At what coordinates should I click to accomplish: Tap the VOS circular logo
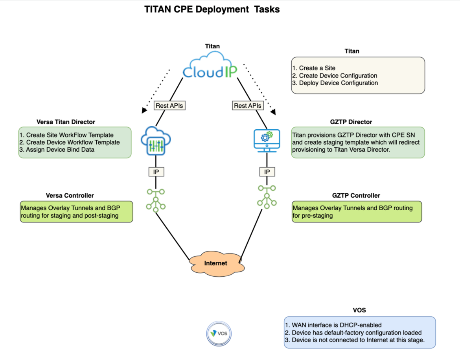(219, 334)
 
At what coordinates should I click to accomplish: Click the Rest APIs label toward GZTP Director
(248, 105)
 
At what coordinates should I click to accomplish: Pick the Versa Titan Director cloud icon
(156, 141)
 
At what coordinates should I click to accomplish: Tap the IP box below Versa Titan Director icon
(156, 172)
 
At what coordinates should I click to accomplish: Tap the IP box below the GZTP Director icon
(267, 172)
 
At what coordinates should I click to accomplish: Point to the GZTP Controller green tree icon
(267, 196)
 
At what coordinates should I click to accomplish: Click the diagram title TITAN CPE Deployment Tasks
(212, 10)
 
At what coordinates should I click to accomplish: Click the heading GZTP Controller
(356, 195)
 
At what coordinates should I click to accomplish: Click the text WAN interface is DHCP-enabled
(333, 325)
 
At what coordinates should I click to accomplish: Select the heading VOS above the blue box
(359, 310)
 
